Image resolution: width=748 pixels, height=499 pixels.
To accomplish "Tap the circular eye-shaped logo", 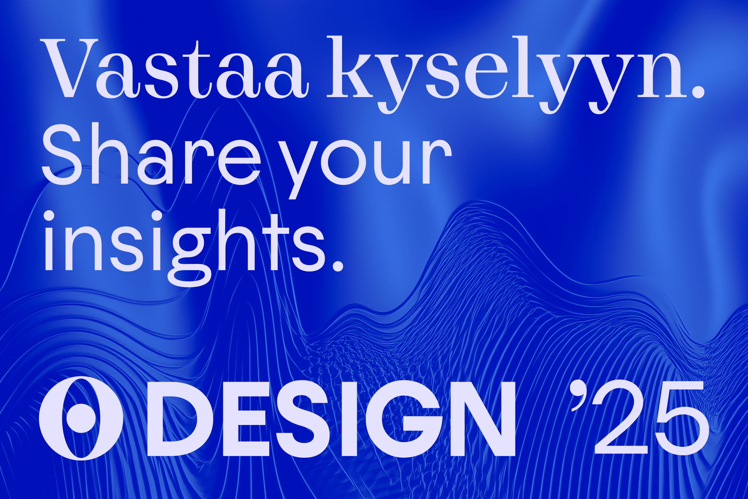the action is pyautogui.click(x=81, y=418).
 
